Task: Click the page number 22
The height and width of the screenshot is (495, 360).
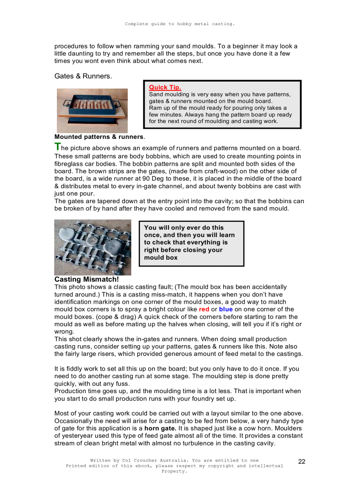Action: (x=302, y=462)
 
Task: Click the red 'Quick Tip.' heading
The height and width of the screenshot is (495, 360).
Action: (x=165, y=87)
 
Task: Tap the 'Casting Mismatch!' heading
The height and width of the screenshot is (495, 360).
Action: (x=86, y=279)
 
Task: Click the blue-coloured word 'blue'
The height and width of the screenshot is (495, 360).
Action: (x=225, y=309)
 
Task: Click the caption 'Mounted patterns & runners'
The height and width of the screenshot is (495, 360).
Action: (x=99, y=137)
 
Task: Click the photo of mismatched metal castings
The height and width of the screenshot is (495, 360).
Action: (x=93, y=247)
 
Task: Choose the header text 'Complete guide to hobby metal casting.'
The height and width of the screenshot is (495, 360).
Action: (x=180, y=24)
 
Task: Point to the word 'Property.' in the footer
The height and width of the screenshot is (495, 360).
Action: (x=175, y=471)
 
